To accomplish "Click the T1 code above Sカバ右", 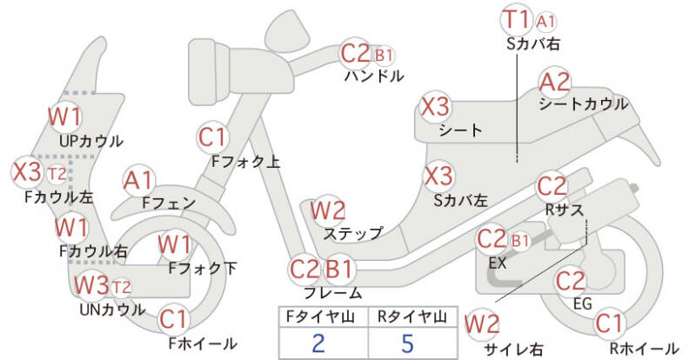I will pos(517,20).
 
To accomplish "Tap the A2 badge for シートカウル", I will pos(555,83).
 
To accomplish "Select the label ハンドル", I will pos(374,76).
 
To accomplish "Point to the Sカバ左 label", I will pos(460,199).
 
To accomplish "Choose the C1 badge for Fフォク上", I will pos(213,137).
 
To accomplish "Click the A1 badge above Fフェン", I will pos(139,180).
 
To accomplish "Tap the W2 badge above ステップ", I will pos(328,210).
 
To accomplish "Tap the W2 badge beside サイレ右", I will pos(482,324).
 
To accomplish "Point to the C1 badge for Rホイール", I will pos(609,324).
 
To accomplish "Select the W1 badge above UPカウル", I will pos(64,117).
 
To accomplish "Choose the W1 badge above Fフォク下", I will pos(175,245).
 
